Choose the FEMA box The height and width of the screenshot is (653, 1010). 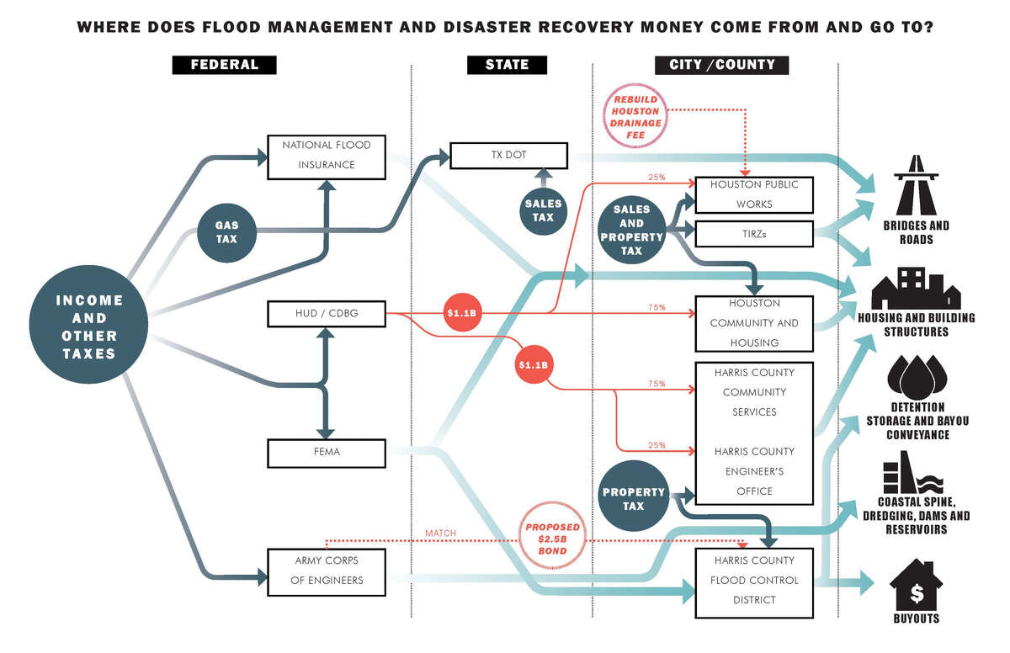click(326, 452)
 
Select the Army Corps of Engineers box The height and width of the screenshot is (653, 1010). click(326, 570)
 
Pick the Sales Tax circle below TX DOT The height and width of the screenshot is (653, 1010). click(543, 210)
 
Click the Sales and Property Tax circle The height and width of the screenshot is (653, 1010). click(631, 230)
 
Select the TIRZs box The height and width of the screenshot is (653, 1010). click(753, 234)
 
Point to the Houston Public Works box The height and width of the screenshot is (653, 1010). click(753, 194)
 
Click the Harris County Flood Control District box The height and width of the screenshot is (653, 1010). click(753, 581)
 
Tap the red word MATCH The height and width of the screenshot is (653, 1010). click(441, 533)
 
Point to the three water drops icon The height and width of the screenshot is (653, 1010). click(917, 376)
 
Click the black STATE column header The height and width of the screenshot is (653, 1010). click(508, 65)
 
